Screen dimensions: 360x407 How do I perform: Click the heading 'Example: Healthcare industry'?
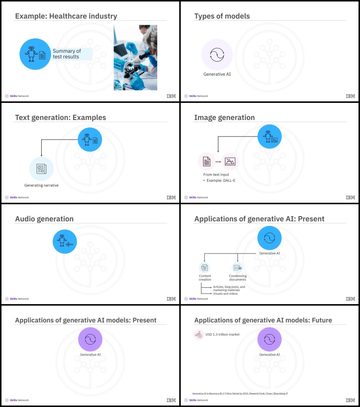click(66, 16)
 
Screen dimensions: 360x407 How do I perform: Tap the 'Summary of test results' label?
click(67, 54)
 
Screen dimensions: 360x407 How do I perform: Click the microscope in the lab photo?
click(137, 64)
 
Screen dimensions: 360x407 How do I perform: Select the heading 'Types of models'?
click(222, 16)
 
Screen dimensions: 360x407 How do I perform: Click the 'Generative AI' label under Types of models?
click(217, 74)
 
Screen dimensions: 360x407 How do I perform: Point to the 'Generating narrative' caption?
click(41, 185)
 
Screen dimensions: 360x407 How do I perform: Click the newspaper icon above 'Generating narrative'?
click(41, 169)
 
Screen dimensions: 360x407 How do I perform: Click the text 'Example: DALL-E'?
click(221, 181)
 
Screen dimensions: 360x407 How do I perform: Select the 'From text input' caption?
click(216, 175)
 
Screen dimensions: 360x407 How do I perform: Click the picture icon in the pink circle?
click(230, 162)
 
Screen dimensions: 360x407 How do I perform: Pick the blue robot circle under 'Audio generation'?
click(65, 242)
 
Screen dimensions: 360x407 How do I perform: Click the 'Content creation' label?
click(205, 278)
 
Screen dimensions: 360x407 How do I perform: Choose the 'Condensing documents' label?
click(238, 278)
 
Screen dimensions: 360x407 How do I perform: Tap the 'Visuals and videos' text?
click(225, 293)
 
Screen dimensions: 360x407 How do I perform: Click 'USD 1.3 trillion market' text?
click(222, 334)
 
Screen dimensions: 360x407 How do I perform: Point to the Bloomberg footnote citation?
click(240, 393)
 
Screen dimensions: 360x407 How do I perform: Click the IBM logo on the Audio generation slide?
click(171, 299)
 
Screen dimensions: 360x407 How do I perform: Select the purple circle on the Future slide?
click(269, 339)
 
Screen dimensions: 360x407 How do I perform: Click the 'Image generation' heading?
click(225, 117)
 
